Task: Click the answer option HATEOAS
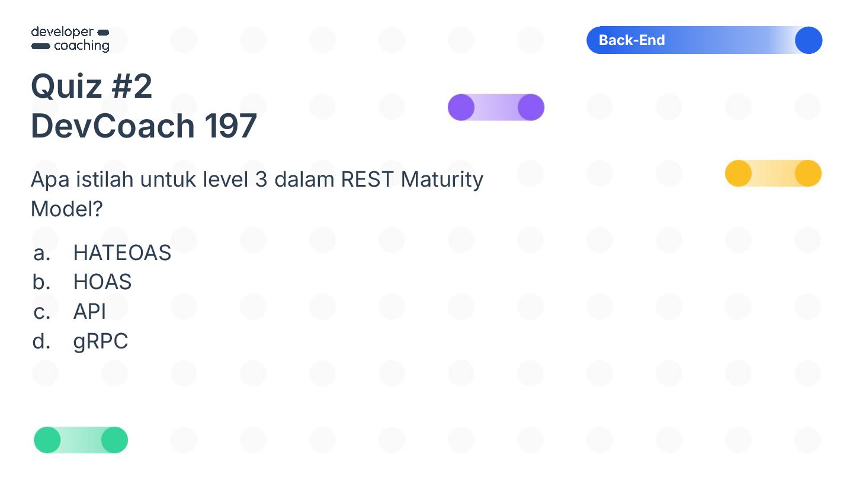(x=122, y=253)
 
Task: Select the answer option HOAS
(x=102, y=282)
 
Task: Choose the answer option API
(x=89, y=312)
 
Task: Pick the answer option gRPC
(x=100, y=341)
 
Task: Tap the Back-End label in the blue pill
(x=631, y=40)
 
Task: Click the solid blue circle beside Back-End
(x=808, y=40)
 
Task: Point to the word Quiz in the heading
(x=66, y=87)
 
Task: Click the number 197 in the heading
(x=231, y=126)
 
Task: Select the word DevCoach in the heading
(x=113, y=126)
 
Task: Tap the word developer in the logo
(x=62, y=32)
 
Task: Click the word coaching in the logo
(x=82, y=46)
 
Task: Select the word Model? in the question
(x=67, y=209)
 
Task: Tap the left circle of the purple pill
(x=461, y=107)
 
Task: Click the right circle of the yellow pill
(x=808, y=174)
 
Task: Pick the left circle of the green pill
(x=47, y=440)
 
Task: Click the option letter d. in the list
(x=41, y=341)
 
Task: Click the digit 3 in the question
(x=261, y=179)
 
